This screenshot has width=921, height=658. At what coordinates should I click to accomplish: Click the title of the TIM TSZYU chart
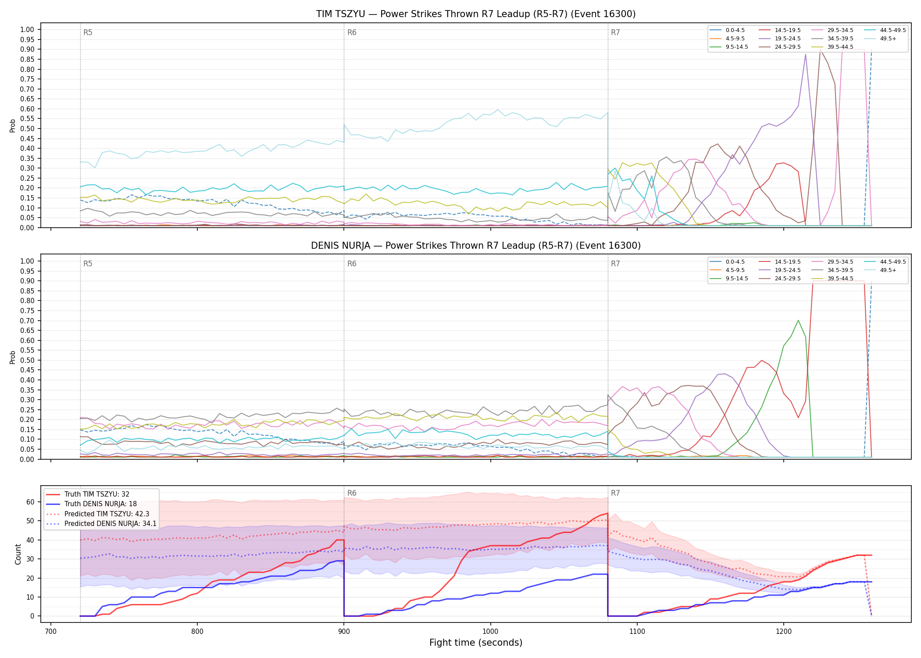pos(476,14)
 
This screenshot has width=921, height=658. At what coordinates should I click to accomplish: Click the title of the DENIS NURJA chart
pos(476,246)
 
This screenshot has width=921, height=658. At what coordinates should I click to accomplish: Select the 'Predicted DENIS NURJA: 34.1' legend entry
pos(101,524)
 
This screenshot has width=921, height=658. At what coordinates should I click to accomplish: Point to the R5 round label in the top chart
pos(88,32)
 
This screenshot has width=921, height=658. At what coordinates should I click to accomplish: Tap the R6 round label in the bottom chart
pos(352,493)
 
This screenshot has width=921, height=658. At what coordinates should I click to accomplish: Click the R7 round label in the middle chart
pos(615,264)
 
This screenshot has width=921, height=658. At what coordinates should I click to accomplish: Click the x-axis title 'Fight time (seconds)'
pos(476,643)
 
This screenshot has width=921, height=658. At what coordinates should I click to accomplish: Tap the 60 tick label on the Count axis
pos(30,502)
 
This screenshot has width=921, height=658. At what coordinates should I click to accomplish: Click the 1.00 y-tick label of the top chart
pos(27,29)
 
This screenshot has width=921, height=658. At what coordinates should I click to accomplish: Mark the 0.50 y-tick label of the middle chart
pos(27,360)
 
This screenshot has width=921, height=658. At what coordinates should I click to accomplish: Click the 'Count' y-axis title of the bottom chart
pos(18,554)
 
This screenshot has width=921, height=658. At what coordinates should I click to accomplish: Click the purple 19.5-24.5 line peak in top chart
pos(805,54)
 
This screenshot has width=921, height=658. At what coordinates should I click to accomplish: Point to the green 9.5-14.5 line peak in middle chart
pos(798,320)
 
